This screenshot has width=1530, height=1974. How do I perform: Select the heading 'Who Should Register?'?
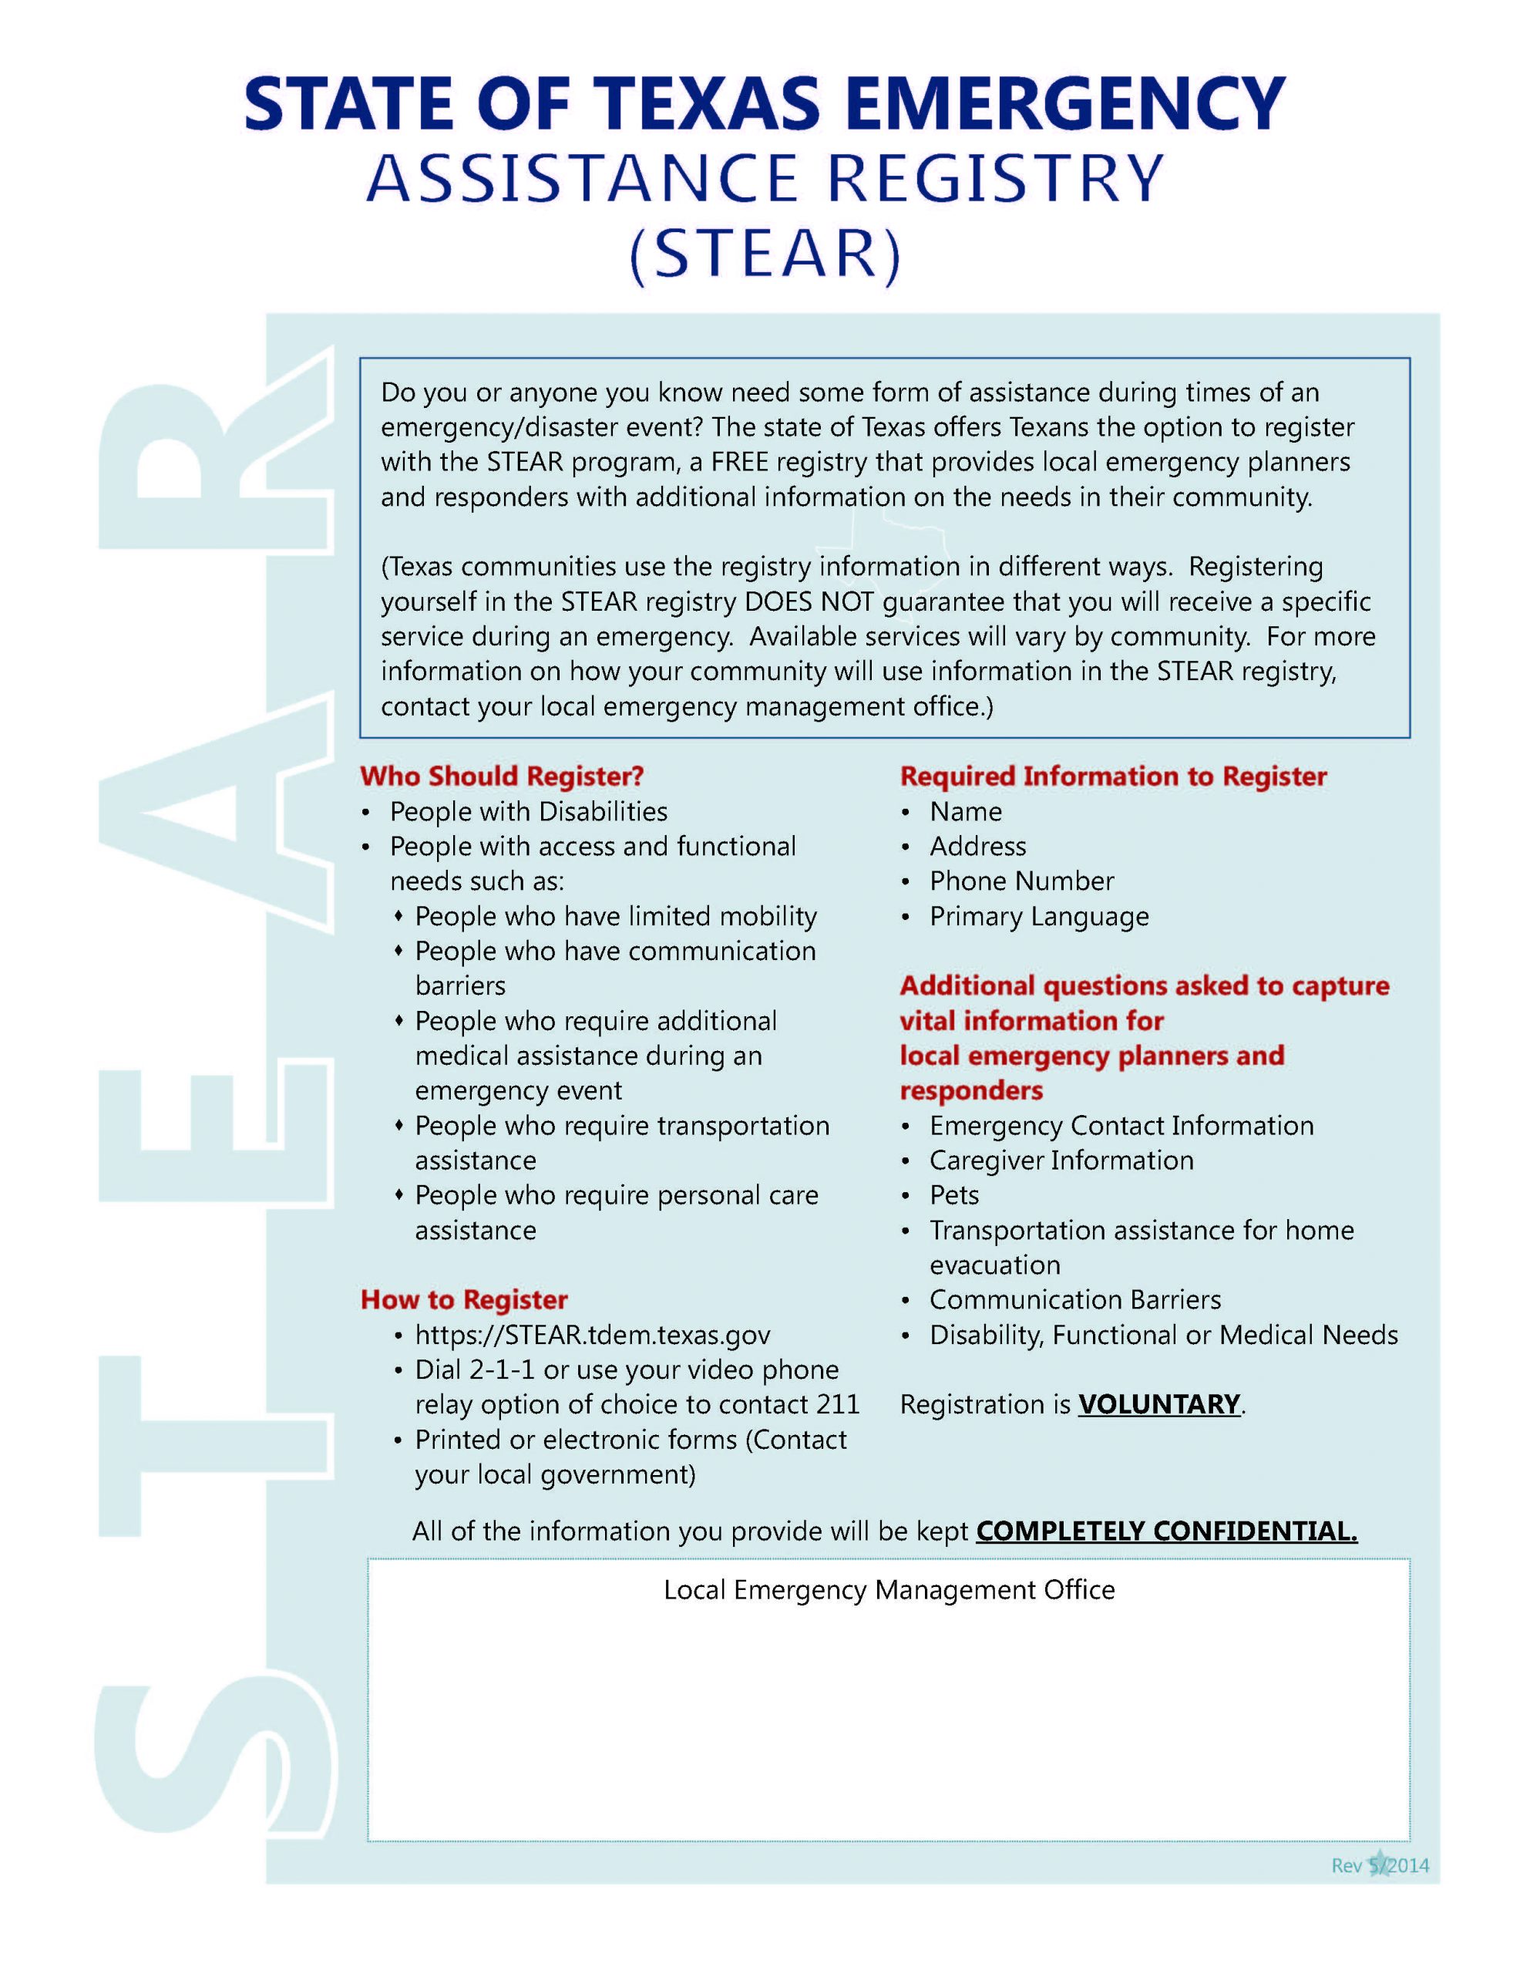click(502, 776)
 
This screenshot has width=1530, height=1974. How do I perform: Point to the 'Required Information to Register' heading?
click(1112, 776)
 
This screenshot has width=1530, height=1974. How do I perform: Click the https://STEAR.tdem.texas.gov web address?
click(592, 1335)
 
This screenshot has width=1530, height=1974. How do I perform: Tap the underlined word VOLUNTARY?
click(1159, 1405)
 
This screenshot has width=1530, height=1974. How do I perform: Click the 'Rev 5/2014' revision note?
click(1379, 1865)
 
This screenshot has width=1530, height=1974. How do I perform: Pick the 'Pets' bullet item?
click(953, 1196)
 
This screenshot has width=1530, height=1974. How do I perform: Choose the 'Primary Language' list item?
click(1038, 917)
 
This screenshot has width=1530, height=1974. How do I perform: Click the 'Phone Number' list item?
click(1021, 881)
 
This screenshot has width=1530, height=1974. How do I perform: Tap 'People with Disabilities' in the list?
click(528, 812)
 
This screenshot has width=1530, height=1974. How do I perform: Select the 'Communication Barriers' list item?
click(1074, 1301)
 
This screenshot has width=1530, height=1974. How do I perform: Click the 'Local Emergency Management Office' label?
click(889, 1590)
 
